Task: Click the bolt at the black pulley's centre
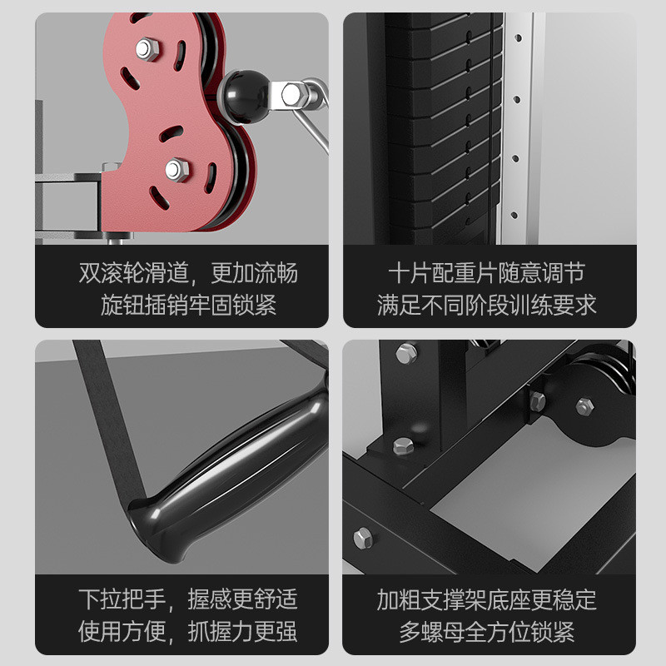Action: (x=584, y=405)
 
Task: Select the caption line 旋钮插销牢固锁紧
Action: (x=188, y=304)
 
